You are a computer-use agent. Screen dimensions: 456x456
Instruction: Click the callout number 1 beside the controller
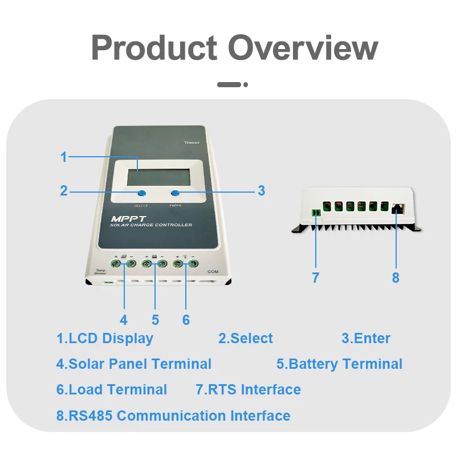click(64, 157)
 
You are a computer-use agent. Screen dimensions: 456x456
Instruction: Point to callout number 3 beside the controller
click(261, 191)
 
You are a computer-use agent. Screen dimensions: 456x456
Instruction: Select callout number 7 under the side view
click(315, 278)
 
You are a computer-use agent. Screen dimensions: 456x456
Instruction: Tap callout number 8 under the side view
click(396, 278)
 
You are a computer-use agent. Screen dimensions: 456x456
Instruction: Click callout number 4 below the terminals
click(124, 320)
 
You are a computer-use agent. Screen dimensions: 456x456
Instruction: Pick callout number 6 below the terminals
click(186, 320)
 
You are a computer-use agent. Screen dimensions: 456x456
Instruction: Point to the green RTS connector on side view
click(316, 213)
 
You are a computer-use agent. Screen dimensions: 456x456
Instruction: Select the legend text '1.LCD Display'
click(105, 338)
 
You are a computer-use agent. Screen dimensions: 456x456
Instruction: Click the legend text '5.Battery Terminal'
click(339, 364)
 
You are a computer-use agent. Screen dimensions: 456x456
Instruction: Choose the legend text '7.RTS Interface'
click(248, 390)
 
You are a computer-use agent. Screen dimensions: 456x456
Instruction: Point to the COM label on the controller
click(213, 272)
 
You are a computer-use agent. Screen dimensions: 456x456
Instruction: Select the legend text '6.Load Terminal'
click(112, 390)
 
